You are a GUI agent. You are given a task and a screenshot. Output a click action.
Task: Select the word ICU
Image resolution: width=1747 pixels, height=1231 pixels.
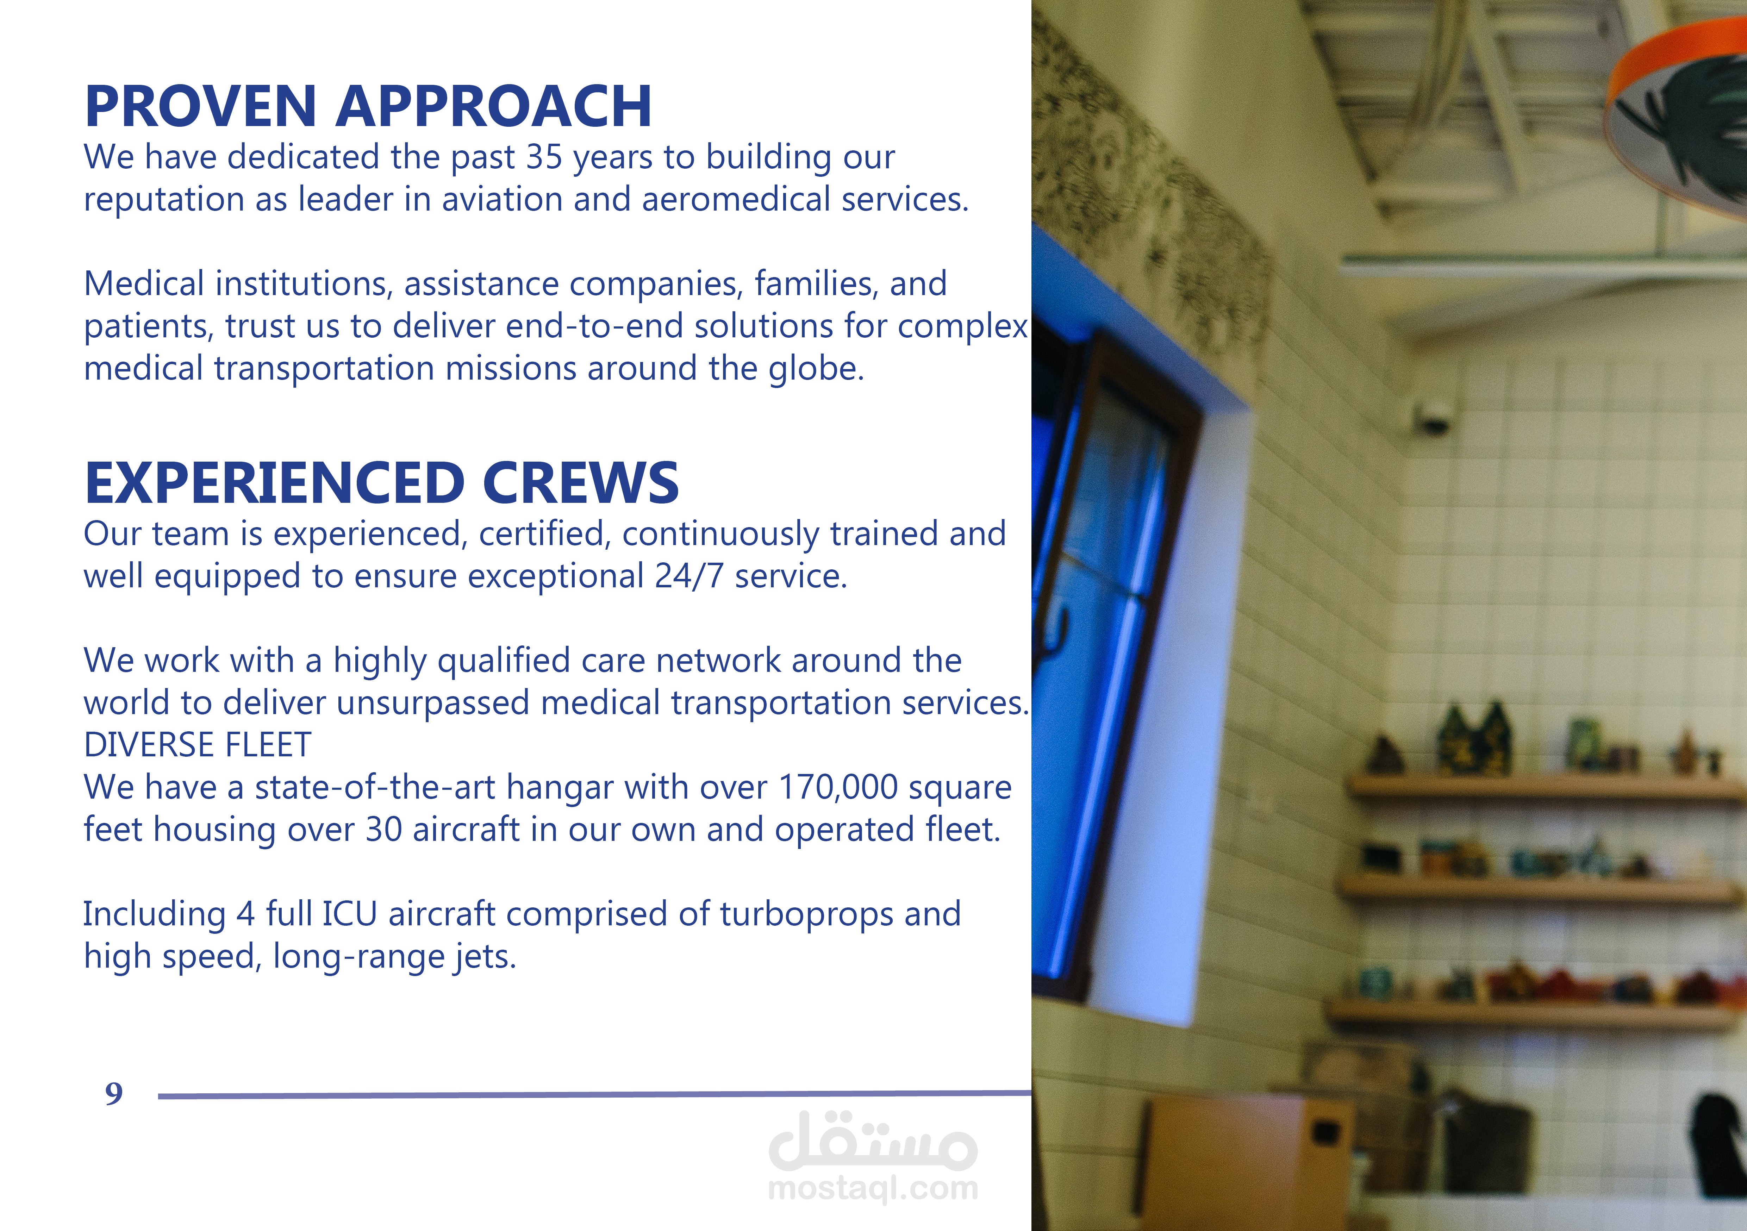[349, 914]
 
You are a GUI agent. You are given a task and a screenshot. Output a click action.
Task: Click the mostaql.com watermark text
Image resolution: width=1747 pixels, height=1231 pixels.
[873, 1188]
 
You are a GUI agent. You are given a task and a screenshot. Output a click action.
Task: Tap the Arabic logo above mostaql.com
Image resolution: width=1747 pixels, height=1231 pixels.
[873, 1141]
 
